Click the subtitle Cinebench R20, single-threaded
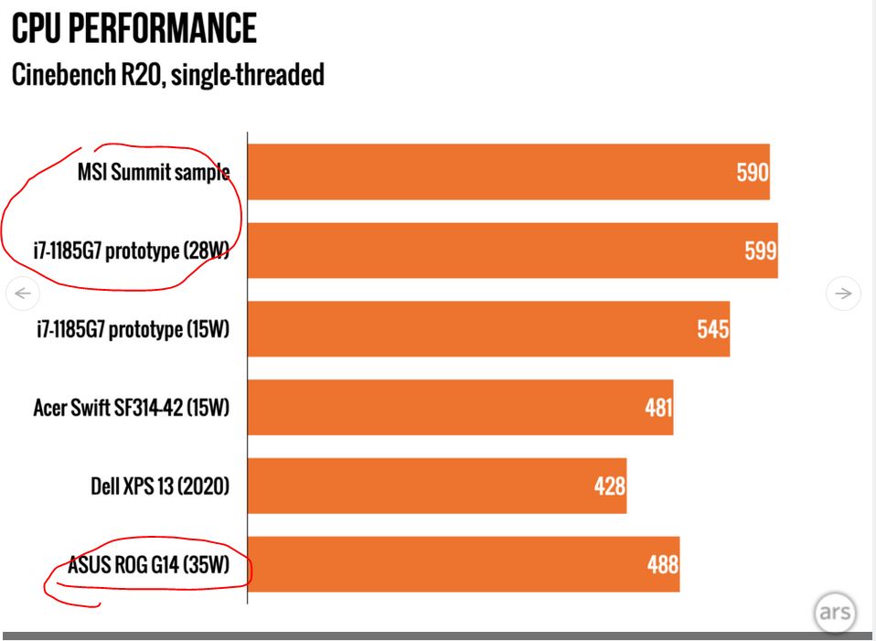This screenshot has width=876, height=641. click(x=167, y=75)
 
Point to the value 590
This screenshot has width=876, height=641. click(x=753, y=172)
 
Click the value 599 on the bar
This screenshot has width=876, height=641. click(x=760, y=251)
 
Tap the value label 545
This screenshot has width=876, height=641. click(x=712, y=328)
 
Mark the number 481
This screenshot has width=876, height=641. click(x=657, y=407)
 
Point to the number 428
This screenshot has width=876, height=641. click(x=609, y=486)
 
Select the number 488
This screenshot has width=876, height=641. click(x=663, y=564)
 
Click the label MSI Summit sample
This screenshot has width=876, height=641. click(x=153, y=172)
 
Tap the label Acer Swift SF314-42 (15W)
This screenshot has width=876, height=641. click(x=131, y=407)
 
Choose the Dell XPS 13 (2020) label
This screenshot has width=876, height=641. click(x=159, y=486)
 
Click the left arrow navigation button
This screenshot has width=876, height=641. click(x=23, y=294)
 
